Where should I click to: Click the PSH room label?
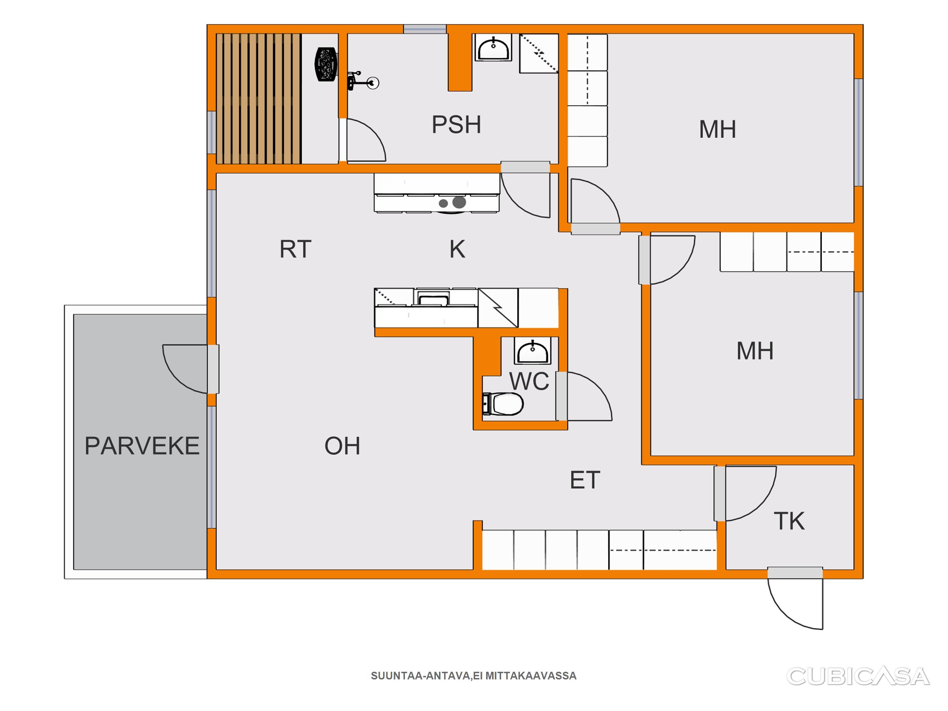(456, 125)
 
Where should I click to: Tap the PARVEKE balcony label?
(142, 446)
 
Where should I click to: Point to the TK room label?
(789, 521)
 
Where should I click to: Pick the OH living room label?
(342, 446)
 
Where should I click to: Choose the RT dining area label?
(295, 249)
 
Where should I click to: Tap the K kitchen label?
(457, 249)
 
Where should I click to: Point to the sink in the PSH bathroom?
(493, 48)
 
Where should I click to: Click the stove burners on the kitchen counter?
(452, 202)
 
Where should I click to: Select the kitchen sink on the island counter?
(433, 298)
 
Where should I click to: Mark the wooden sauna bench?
(258, 99)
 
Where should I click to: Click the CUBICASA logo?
(858, 676)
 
